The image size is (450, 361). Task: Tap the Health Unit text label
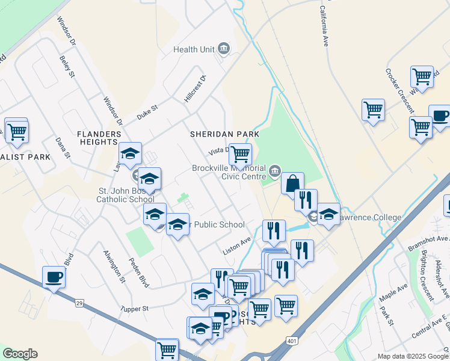point(194,49)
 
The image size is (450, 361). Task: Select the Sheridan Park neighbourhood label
point(224,134)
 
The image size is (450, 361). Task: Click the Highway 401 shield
point(292,341)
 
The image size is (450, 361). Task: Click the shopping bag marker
point(292,184)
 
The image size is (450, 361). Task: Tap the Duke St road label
point(147,112)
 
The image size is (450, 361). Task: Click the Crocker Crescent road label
point(399,91)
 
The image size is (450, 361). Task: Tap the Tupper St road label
point(134,309)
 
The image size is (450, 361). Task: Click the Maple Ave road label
point(393,294)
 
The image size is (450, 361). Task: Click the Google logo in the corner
point(20,354)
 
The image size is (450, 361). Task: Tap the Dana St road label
point(63,148)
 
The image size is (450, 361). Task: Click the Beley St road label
point(67,67)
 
